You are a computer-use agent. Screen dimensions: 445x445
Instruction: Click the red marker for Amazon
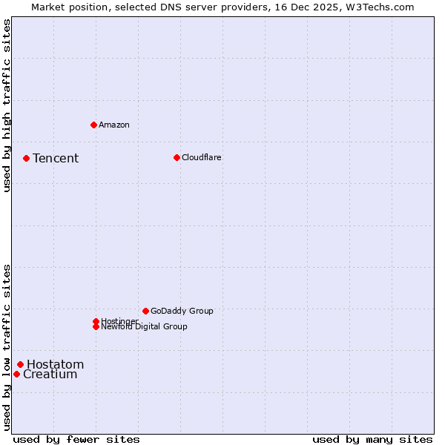(93, 125)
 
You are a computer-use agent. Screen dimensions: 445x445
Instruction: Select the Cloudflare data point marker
(177, 157)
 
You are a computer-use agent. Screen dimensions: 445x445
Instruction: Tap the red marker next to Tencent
(26, 158)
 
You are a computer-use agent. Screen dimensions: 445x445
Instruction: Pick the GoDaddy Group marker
(145, 311)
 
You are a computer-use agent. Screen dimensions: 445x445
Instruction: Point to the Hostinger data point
(96, 321)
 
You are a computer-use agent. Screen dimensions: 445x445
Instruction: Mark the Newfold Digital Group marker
(96, 326)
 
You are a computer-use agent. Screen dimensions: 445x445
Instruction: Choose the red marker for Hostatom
(20, 364)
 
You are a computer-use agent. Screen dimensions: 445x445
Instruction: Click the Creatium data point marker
(16, 374)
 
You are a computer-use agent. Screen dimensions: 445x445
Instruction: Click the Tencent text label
(56, 158)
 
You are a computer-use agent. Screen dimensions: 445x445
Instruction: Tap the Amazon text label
(114, 125)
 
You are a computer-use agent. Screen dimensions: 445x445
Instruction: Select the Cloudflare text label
(202, 157)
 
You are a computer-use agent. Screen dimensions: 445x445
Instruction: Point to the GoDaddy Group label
(182, 311)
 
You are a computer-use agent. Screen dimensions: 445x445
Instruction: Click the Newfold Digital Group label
(145, 327)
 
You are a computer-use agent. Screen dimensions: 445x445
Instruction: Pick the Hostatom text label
(56, 364)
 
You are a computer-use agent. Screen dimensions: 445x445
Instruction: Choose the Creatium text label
(50, 375)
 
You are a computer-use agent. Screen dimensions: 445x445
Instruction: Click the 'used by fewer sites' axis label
(76, 439)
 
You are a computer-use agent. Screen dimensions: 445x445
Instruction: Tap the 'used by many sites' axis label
(372, 439)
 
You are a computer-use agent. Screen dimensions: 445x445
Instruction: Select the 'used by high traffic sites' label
(7, 105)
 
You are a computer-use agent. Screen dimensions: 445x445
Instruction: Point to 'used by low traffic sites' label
(7, 347)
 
